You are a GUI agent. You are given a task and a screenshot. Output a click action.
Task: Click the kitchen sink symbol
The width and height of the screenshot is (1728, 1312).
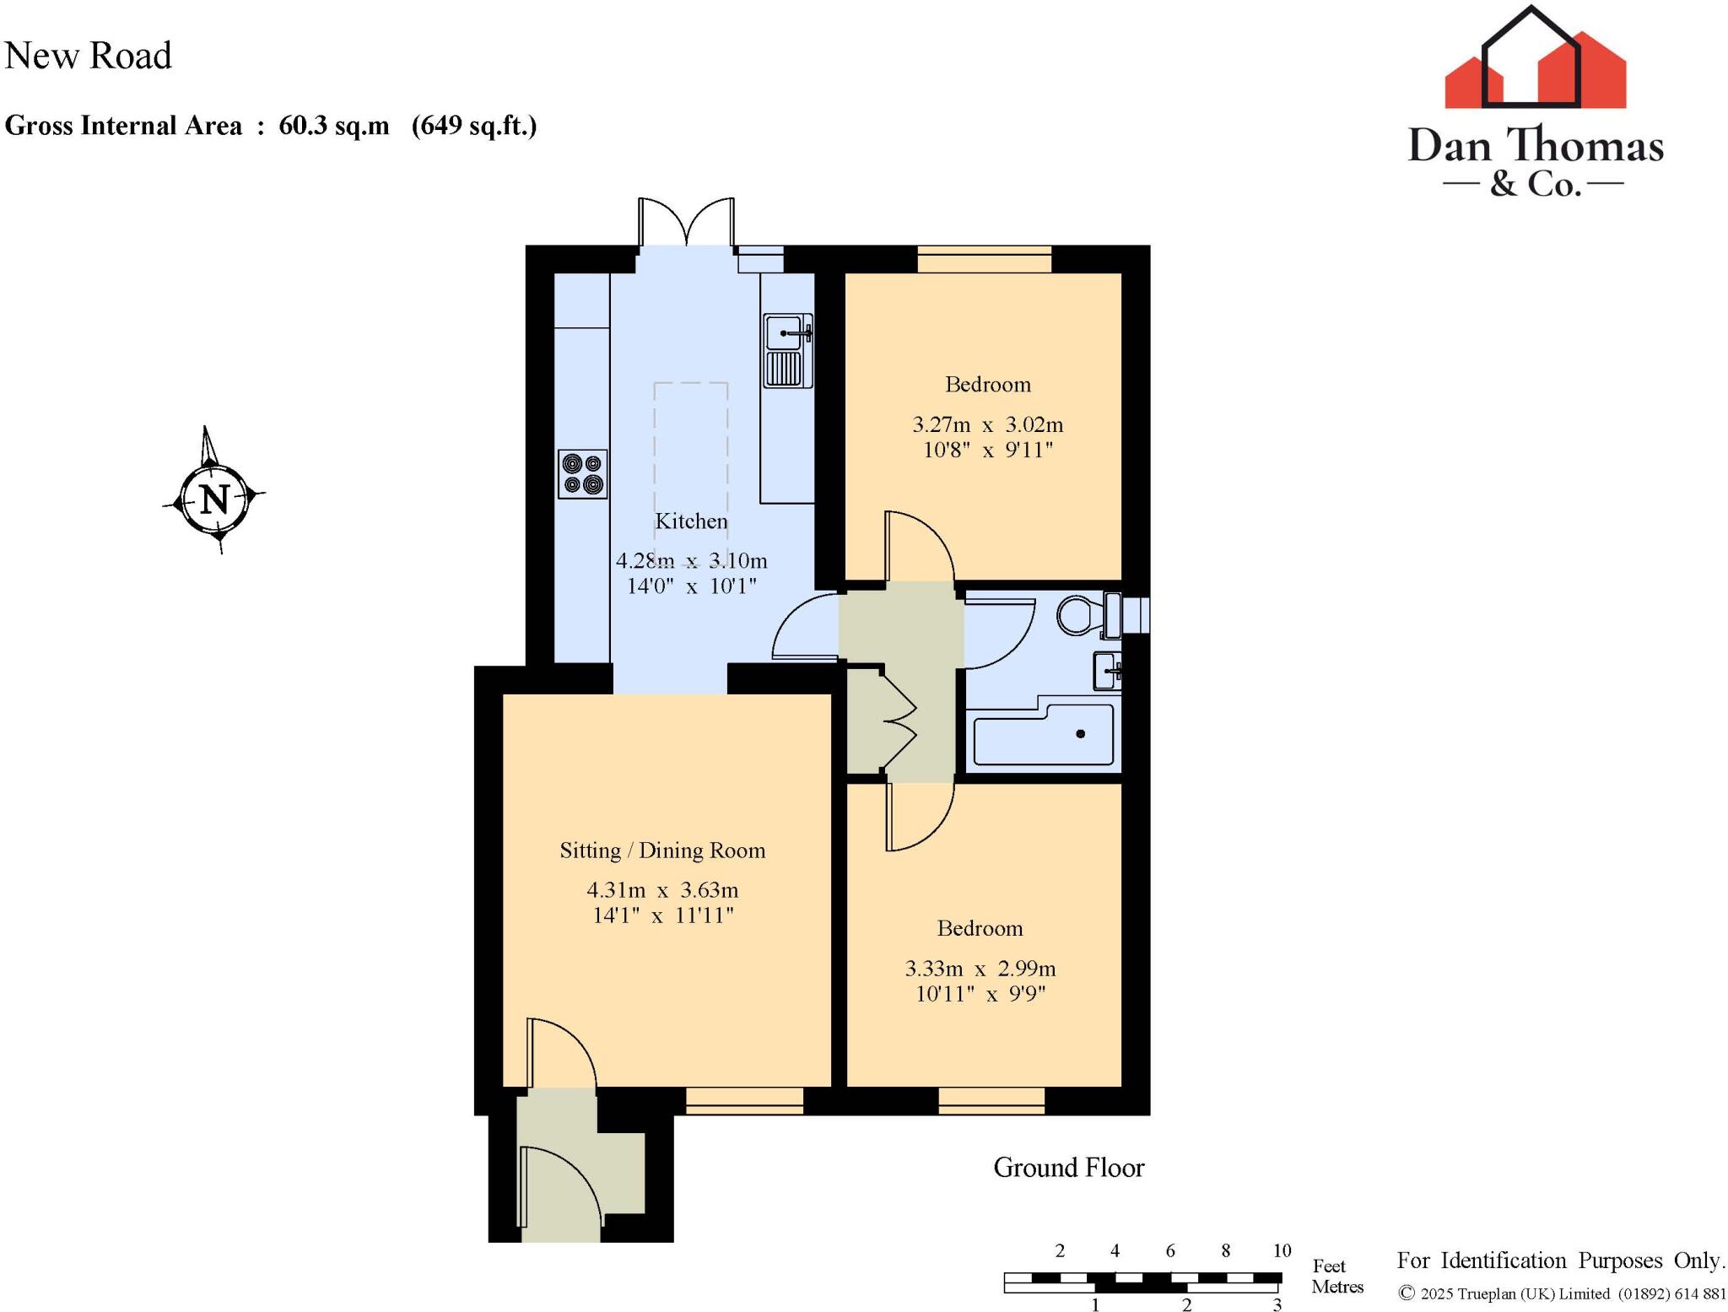pyautogui.click(x=787, y=350)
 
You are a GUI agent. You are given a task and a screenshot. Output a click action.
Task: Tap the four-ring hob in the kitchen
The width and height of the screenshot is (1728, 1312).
pyautogui.click(x=583, y=474)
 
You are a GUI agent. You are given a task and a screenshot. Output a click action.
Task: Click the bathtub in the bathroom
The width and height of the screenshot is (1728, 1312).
pyautogui.click(x=1044, y=736)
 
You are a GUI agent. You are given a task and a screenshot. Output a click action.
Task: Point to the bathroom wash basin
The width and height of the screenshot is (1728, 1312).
pyautogui.click(x=1107, y=672)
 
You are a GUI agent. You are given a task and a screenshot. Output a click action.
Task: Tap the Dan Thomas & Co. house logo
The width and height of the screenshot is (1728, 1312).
pyautogui.click(x=1535, y=63)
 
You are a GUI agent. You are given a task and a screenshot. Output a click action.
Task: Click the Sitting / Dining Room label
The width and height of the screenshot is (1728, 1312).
pyautogui.click(x=662, y=850)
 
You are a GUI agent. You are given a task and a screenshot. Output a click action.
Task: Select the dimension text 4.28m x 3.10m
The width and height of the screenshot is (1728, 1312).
pyautogui.click(x=691, y=560)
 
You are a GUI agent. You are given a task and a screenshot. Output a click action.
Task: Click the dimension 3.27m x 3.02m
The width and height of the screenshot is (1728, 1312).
pyautogui.click(x=987, y=424)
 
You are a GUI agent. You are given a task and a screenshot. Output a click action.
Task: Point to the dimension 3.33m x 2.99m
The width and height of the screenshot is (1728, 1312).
pyautogui.click(x=980, y=969)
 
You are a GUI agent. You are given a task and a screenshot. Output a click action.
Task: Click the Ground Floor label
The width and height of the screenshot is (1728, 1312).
pyautogui.click(x=1068, y=1168)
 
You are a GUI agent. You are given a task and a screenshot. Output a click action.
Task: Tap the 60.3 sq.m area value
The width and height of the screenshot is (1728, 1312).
pyautogui.click(x=334, y=126)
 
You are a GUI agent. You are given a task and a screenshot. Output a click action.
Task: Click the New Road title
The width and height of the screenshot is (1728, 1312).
pyautogui.click(x=88, y=56)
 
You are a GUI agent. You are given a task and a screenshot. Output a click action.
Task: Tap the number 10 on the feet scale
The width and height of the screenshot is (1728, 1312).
pyautogui.click(x=1281, y=1251)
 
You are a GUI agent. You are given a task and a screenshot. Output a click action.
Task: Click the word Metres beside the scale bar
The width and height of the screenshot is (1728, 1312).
pyautogui.click(x=1337, y=1287)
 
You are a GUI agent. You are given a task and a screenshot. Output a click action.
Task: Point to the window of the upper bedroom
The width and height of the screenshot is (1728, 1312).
pyautogui.click(x=985, y=259)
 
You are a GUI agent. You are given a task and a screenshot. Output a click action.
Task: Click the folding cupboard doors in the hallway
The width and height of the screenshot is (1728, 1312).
pyautogui.click(x=899, y=721)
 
